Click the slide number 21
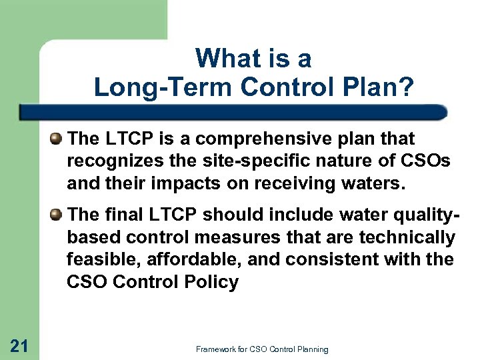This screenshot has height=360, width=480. pos(19,345)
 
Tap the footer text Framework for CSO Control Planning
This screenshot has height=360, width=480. pos(262,349)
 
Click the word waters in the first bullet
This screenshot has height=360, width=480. pos(377,182)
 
